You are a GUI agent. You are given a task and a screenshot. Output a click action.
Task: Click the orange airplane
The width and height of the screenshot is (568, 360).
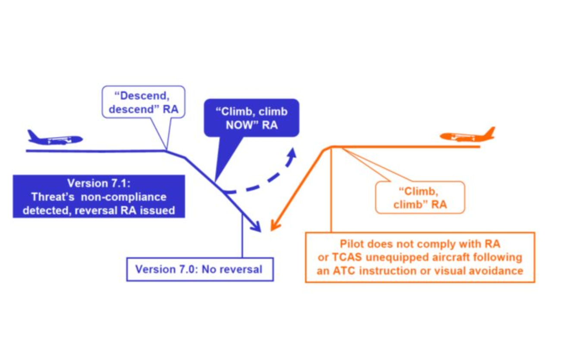point(468,136)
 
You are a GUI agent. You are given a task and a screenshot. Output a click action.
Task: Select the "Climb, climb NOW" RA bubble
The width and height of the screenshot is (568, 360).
point(251,118)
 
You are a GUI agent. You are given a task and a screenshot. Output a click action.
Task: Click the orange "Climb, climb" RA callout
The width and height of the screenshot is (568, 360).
point(420,197)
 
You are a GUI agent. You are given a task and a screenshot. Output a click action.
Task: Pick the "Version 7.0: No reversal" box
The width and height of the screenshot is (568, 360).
point(200,269)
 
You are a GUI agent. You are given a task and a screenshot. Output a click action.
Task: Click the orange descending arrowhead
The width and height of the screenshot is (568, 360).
point(273,227)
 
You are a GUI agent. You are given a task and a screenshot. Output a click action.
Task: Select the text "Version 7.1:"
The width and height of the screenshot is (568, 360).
point(98,183)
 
